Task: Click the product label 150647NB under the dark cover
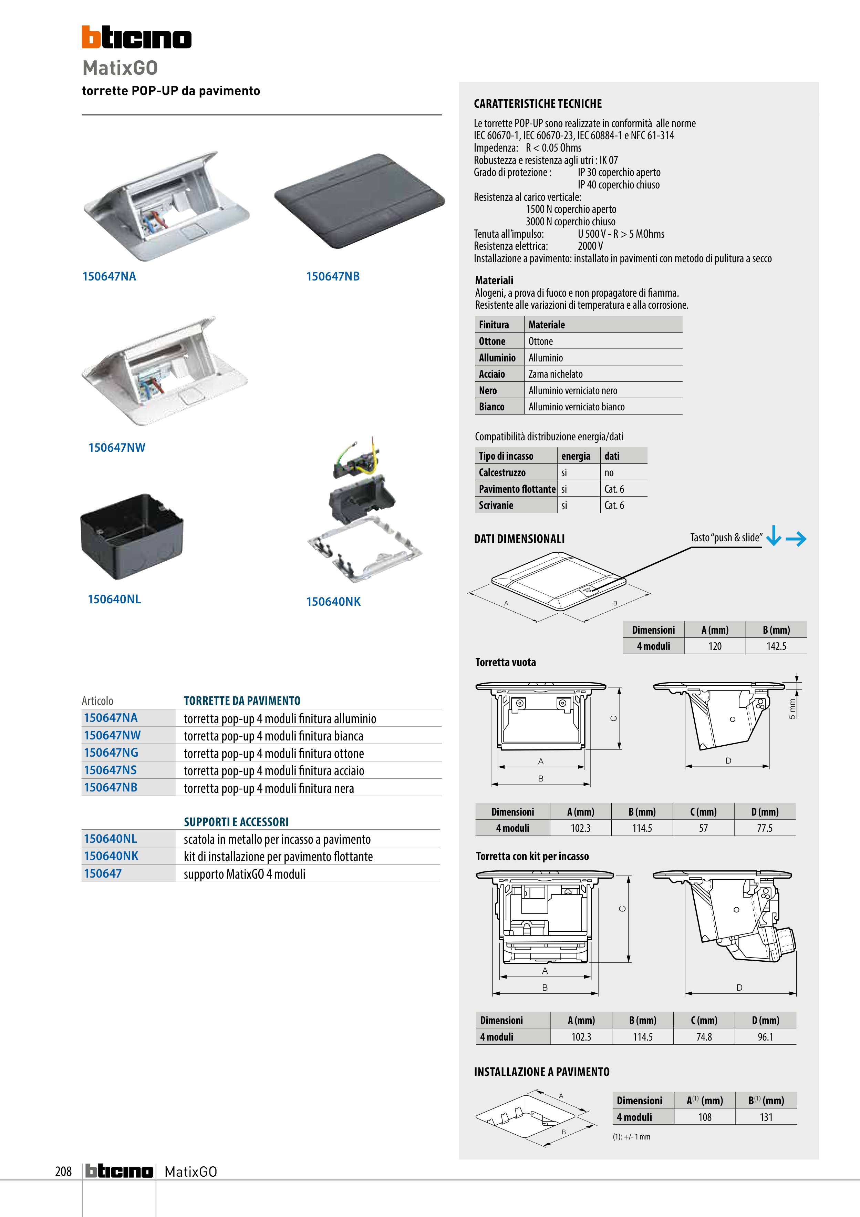tap(333, 276)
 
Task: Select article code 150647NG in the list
tap(111, 753)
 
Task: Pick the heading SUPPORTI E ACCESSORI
tap(236, 821)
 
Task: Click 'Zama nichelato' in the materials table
tap(555, 374)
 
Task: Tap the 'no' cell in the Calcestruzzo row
tap(609, 473)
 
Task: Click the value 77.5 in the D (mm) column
tap(764, 828)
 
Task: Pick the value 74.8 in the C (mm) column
tap(704, 1037)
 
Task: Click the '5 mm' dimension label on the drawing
tap(792, 709)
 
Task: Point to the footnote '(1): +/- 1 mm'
tap(631, 1136)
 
